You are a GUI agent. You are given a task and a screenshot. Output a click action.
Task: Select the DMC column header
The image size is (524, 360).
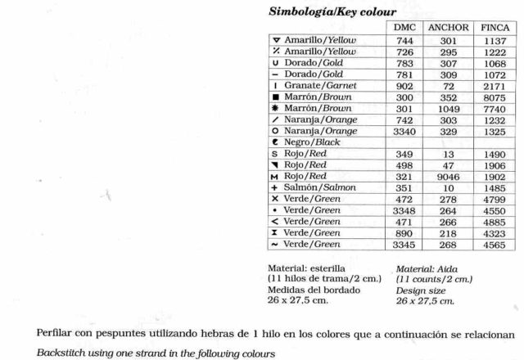(x=405, y=28)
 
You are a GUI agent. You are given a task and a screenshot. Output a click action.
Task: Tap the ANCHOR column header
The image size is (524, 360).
(x=449, y=28)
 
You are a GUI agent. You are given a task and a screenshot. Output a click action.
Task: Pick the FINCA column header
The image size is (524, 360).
(x=494, y=28)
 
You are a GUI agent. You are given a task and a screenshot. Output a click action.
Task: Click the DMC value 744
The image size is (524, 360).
(x=405, y=39)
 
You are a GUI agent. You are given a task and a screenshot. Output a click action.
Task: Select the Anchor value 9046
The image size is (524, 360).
(x=449, y=176)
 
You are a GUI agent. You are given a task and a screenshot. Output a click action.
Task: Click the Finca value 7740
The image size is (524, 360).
(x=494, y=108)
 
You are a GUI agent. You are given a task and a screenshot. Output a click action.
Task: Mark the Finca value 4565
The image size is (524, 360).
(x=494, y=244)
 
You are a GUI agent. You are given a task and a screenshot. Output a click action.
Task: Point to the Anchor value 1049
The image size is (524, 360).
(x=449, y=108)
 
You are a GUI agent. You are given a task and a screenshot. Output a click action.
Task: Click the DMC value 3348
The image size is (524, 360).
(x=405, y=210)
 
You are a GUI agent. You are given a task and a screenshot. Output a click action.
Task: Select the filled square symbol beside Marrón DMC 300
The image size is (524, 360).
(x=276, y=97)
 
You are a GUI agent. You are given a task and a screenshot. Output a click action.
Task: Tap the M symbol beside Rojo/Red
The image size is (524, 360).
(x=276, y=176)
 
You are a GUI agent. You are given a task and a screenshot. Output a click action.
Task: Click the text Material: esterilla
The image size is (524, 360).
(x=306, y=268)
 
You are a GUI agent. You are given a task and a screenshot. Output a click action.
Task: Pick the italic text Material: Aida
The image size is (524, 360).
(x=426, y=268)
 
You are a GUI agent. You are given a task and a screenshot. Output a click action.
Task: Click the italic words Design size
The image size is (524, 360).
(x=420, y=290)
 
